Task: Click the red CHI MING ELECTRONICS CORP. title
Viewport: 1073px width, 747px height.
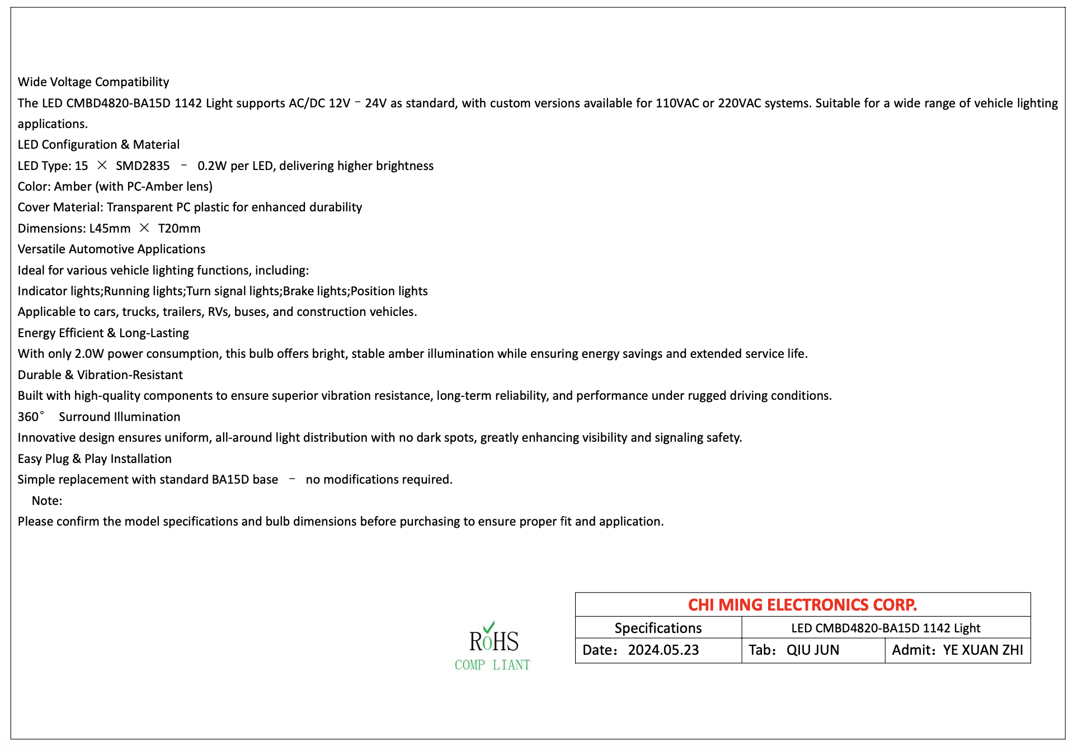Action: point(802,604)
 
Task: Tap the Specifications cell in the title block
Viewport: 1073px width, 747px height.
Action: point(658,628)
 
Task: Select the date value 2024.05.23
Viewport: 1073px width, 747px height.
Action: point(663,650)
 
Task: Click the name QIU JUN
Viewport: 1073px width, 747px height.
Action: point(813,650)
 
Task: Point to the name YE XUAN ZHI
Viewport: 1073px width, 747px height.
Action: point(983,650)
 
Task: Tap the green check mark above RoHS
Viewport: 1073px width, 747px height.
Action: point(489,627)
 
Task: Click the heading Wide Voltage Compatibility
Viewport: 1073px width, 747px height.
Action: point(93,82)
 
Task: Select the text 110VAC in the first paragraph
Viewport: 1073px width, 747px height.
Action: point(677,103)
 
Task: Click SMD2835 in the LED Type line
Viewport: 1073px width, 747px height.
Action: point(143,166)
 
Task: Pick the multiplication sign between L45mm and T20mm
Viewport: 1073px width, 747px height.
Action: point(144,228)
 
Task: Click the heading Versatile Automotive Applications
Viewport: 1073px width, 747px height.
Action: point(111,249)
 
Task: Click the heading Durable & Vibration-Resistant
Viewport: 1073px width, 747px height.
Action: point(100,375)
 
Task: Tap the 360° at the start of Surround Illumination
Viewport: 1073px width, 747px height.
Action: point(30,417)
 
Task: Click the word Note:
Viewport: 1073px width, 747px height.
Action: point(47,500)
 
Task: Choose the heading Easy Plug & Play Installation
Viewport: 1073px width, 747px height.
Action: point(95,458)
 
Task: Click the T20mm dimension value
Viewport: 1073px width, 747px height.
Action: point(179,228)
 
